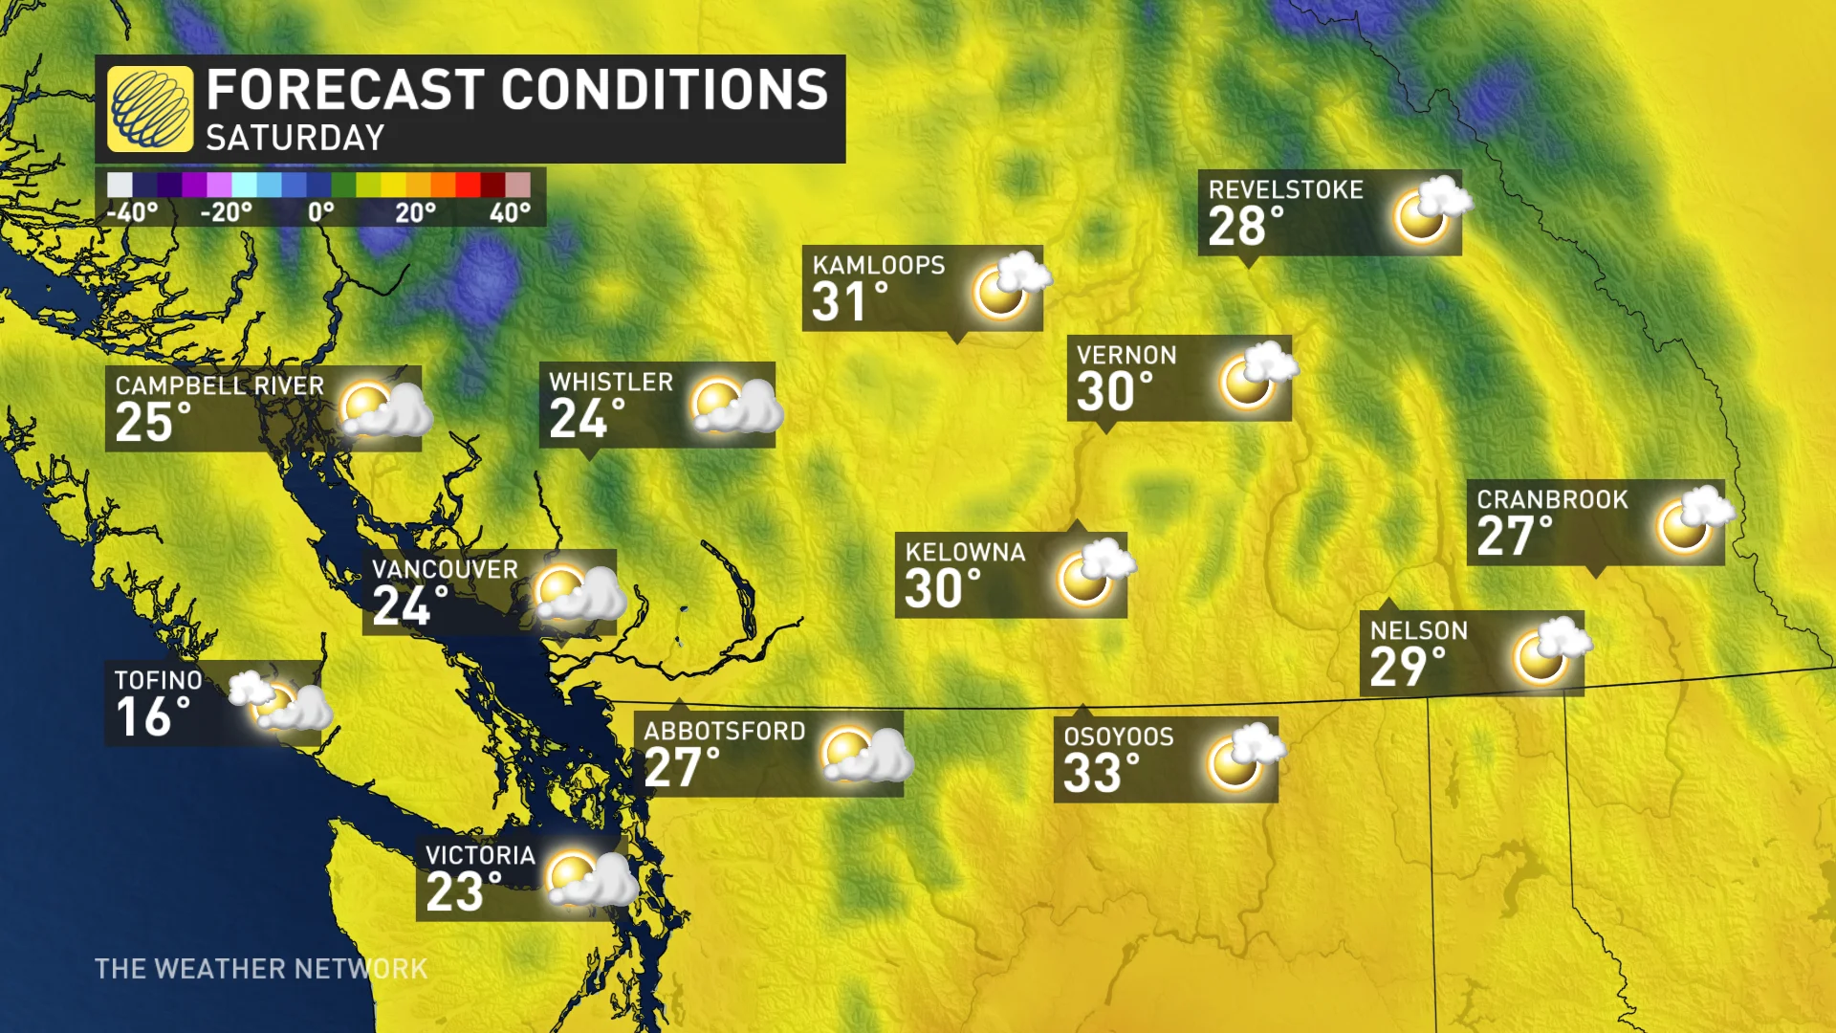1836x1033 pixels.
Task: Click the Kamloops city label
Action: pyautogui.click(x=878, y=265)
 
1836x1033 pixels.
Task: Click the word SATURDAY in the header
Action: pyautogui.click(x=295, y=139)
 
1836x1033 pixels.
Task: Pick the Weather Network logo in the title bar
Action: pyautogui.click(x=149, y=109)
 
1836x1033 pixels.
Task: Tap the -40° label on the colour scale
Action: pyautogui.click(x=132, y=212)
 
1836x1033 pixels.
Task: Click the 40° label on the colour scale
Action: pyautogui.click(x=510, y=212)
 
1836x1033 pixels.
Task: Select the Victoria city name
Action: pyautogui.click(x=480, y=855)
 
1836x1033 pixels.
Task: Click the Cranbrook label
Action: pyautogui.click(x=1552, y=499)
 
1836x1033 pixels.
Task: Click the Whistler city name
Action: pyautogui.click(x=611, y=382)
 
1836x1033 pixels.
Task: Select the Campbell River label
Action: pyautogui.click(x=220, y=385)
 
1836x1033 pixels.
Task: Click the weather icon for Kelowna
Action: pyautogui.click(x=1093, y=573)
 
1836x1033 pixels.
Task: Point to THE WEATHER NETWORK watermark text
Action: pyautogui.click(x=261, y=969)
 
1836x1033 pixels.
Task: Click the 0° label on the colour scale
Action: pyautogui.click(x=321, y=212)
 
